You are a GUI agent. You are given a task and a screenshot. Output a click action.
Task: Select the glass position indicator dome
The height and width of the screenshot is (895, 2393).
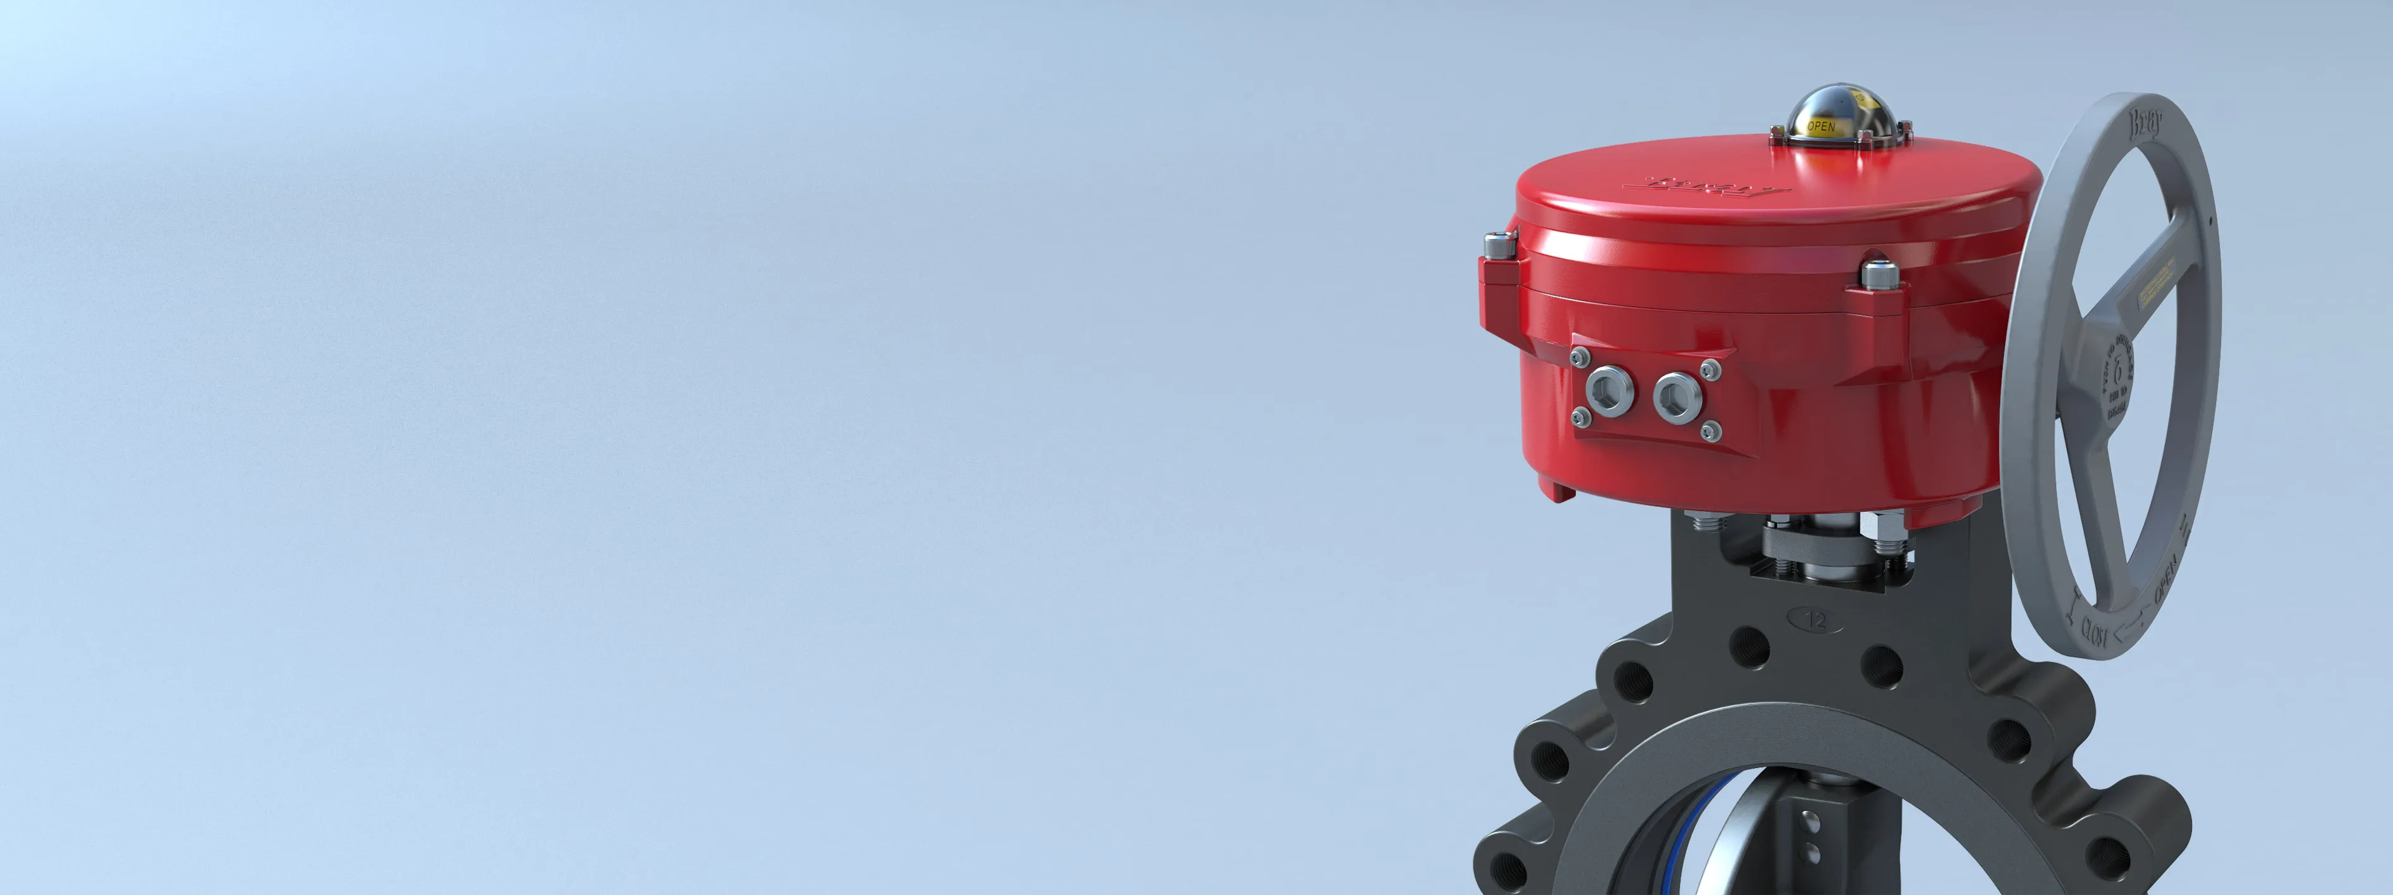1823,121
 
